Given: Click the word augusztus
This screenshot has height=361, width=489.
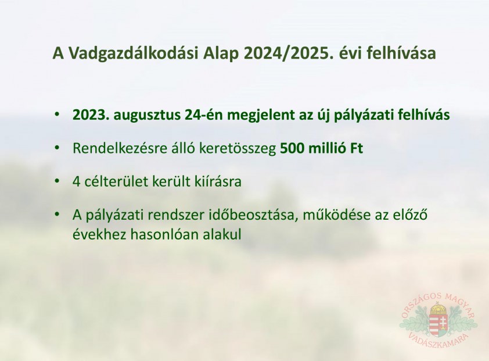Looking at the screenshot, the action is pos(146,116).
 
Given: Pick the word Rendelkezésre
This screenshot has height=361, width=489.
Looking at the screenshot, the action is pos(120,148).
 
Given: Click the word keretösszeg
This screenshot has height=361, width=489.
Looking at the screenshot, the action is pos(238,149).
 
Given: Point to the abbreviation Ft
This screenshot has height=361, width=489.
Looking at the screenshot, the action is pos(357,148).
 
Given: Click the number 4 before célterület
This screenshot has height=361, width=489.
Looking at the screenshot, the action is pos(77,182).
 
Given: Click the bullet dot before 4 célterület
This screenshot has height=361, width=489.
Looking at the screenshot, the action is pos(57,181).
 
